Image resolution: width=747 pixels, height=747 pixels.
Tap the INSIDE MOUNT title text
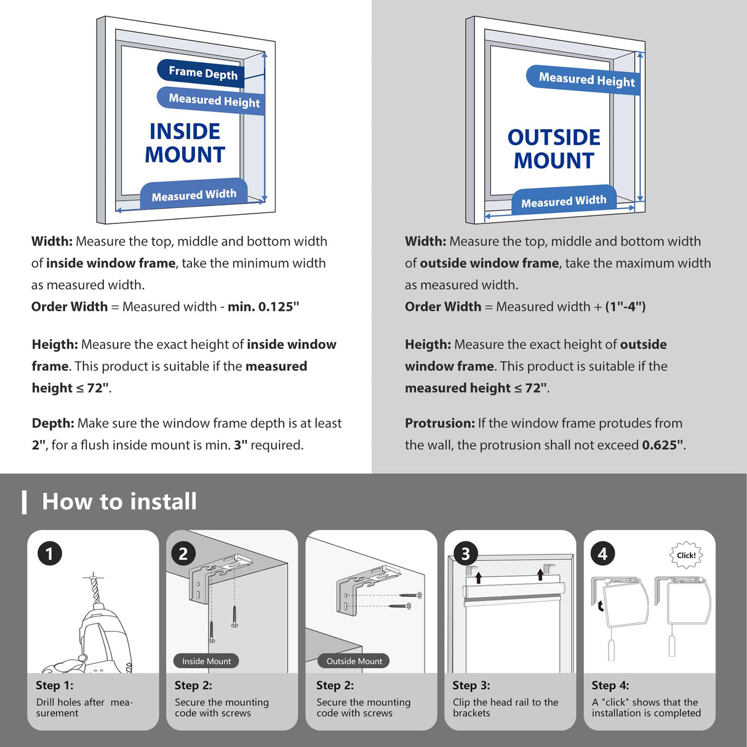click(x=185, y=143)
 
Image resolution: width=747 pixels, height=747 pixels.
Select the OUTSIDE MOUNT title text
click(x=554, y=149)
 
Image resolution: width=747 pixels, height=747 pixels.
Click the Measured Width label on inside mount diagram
click(x=194, y=194)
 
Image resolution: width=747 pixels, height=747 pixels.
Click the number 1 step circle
click(x=50, y=554)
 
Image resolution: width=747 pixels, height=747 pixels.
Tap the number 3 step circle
click(x=466, y=554)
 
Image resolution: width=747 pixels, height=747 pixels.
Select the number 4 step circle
click(x=603, y=554)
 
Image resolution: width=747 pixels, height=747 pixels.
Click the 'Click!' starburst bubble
click(x=686, y=555)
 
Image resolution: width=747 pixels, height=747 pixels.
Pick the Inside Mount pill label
click(x=206, y=661)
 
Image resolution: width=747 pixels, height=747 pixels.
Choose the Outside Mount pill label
click(x=354, y=661)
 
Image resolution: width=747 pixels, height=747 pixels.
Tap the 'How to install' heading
click(x=119, y=501)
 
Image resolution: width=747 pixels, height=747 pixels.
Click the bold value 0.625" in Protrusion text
click(x=663, y=445)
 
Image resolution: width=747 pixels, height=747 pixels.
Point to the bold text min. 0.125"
click(x=263, y=306)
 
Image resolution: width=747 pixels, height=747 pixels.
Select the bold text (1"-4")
click(x=625, y=306)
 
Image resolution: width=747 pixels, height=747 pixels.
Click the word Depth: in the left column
click(x=53, y=423)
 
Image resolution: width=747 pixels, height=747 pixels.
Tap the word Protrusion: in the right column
click(x=440, y=423)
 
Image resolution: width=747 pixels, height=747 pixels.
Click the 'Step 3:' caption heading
click(x=471, y=685)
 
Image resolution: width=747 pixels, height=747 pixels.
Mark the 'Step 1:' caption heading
click(x=54, y=685)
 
